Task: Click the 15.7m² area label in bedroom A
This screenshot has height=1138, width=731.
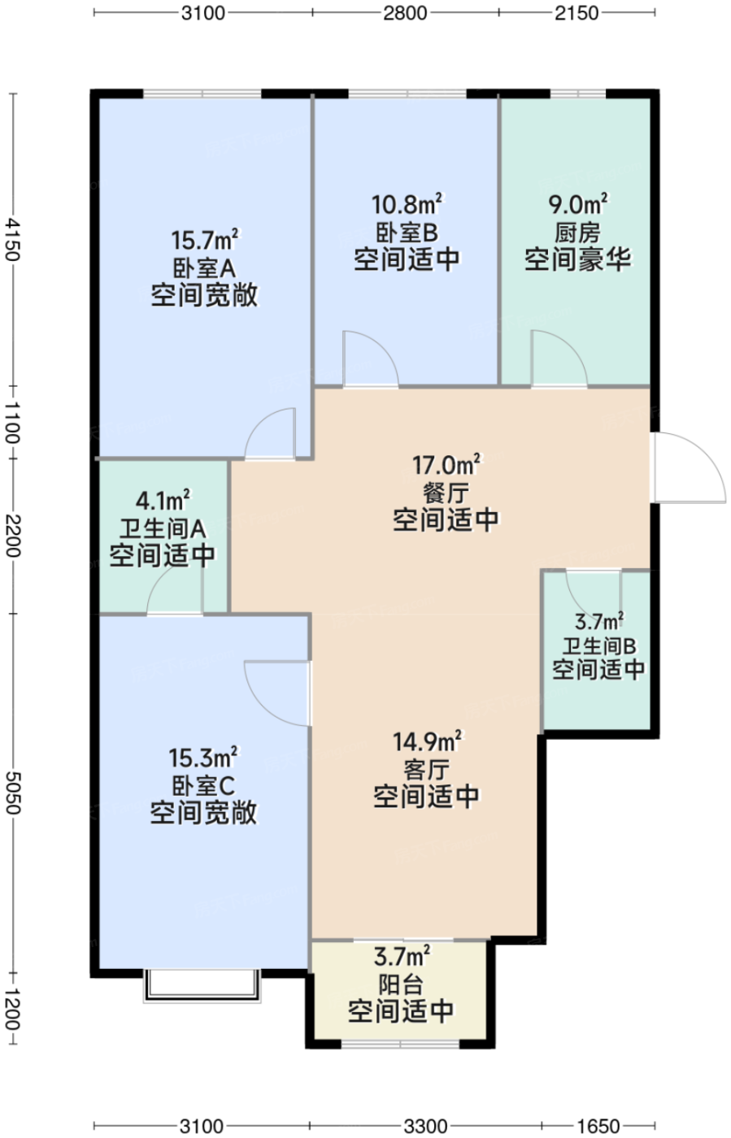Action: click(204, 240)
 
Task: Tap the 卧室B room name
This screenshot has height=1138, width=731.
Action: click(407, 232)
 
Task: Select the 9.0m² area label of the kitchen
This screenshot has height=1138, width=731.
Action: click(577, 204)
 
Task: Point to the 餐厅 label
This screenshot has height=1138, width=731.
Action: click(446, 493)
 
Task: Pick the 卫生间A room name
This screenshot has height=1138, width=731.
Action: click(163, 529)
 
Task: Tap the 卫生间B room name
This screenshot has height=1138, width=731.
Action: click(598, 646)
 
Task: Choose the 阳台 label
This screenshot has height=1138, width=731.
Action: click(401, 984)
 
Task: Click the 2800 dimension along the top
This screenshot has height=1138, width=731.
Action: click(405, 13)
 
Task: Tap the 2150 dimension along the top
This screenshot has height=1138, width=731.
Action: click(577, 13)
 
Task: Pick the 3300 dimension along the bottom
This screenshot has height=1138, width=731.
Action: click(425, 1126)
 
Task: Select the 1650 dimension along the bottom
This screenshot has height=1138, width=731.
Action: click(598, 1126)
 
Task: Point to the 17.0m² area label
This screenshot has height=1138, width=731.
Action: click(446, 464)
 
